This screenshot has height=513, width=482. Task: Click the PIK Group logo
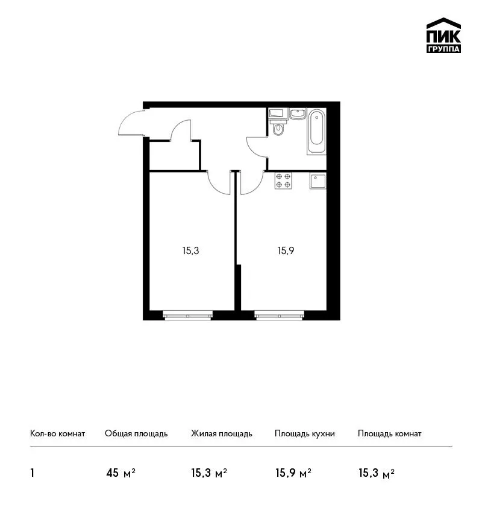pyautogui.click(x=443, y=36)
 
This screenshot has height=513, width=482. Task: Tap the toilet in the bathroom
pyautogui.click(x=278, y=128)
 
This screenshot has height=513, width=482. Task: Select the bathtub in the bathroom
pyautogui.click(x=316, y=132)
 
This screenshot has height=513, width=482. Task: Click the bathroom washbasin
pyautogui.click(x=298, y=114)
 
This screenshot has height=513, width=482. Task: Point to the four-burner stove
pyautogui.click(x=283, y=181)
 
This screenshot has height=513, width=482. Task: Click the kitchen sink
pyautogui.click(x=318, y=181)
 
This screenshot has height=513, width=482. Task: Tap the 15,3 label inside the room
pyautogui.click(x=191, y=251)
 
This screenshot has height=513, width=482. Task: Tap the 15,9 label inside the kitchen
pyautogui.click(x=286, y=251)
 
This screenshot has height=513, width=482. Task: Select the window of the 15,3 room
pyautogui.click(x=188, y=316)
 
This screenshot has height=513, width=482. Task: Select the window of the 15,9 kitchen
pyautogui.click(x=279, y=316)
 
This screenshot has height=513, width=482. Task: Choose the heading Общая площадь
pyautogui.click(x=136, y=434)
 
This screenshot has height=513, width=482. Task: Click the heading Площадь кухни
pyautogui.click(x=305, y=434)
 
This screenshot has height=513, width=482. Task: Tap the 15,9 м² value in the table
pyautogui.click(x=293, y=473)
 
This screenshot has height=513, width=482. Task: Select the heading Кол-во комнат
pyautogui.click(x=57, y=434)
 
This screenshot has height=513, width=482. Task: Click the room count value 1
pyautogui.click(x=32, y=473)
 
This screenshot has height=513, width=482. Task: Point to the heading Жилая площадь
pyautogui.click(x=221, y=434)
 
